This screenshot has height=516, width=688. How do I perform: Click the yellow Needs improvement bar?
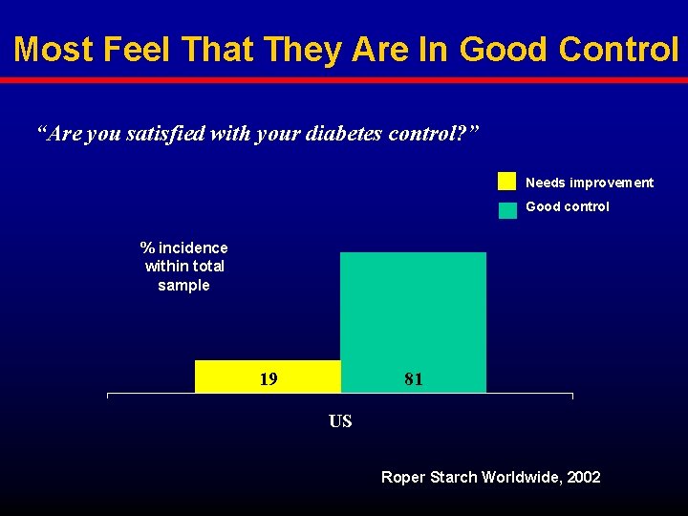coord(268,376)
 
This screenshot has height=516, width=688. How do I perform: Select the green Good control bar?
coord(414,323)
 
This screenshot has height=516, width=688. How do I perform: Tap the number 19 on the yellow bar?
coord(269,378)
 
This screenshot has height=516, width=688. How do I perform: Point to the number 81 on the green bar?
coord(414,378)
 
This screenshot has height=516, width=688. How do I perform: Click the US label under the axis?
coord(340,421)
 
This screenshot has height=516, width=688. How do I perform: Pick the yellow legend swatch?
coord(506,182)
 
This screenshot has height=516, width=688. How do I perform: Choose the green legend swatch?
coord(507,210)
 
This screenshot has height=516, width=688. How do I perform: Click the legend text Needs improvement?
coord(590,183)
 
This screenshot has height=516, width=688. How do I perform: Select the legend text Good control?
coord(567,206)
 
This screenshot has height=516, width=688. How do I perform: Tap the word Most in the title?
coord(54,49)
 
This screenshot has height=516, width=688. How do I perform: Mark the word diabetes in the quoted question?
coord(343,134)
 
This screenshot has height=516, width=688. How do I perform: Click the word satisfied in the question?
coord(165,134)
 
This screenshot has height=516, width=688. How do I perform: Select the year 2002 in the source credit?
coord(583,477)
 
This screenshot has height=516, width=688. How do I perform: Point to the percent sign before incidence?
coord(147,247)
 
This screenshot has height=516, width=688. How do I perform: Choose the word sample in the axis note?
coord(183,286)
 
